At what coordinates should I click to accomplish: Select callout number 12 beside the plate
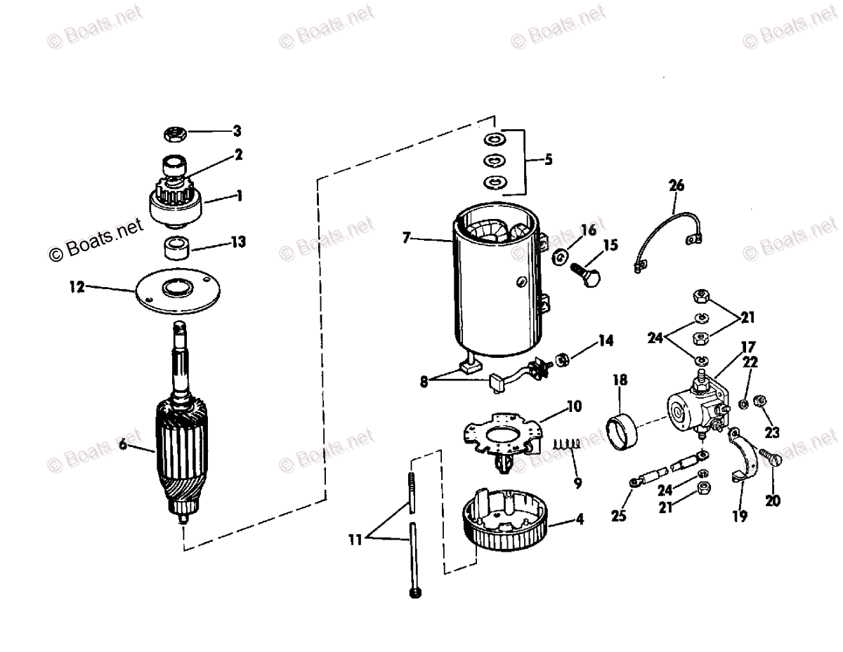(x=77, y=286)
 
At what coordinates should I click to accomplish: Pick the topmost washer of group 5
(x=493, y=137)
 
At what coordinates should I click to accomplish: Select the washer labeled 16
(x=560, y=254)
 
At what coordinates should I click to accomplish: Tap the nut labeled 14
(x=563, y=361)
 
